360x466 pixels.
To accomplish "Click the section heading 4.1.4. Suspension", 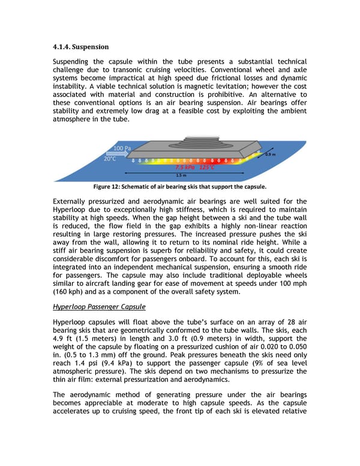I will [x=82, y=46].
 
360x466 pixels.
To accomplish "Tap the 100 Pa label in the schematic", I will [x=122, y=148].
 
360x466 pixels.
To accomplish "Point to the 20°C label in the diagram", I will [x=110, y=159].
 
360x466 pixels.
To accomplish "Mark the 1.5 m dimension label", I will [x=180, y=175].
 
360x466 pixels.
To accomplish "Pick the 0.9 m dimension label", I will [x=271, y=154].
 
